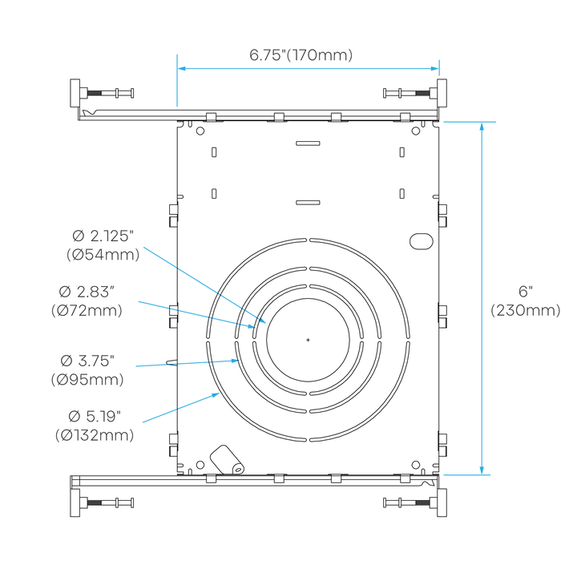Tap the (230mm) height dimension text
526,310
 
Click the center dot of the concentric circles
308,339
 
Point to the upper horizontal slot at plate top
307,144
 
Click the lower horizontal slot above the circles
307,202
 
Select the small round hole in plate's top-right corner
414,131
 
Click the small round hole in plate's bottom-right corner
415,464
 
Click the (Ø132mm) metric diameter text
94,435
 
